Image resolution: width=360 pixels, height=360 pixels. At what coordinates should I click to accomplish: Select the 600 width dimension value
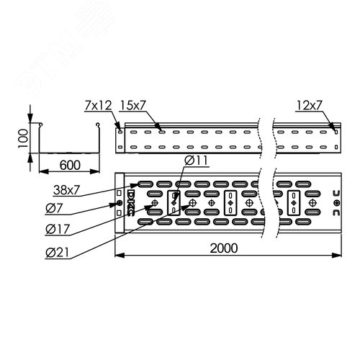pyautogui.click(x=69, y=165)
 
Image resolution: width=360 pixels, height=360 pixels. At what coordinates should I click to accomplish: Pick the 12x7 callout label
pyautogui.click(x=308, y=106)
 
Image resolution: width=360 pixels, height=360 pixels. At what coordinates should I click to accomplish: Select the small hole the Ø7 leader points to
pyautogui.click(x=120, y=203)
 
